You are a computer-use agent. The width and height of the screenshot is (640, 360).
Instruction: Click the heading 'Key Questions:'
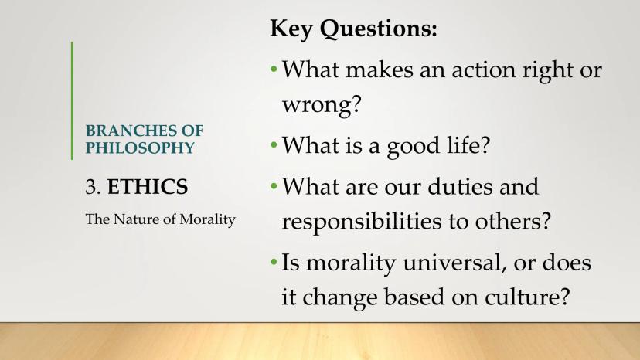pos(353,29)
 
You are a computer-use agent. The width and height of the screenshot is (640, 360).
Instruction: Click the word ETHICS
pos(148,187)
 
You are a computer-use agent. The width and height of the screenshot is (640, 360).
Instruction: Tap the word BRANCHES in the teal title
pos(131,131)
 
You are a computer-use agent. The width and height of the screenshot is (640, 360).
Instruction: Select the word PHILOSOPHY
pos(140,148)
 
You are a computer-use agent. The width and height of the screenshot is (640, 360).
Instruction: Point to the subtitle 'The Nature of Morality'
pos(161,219)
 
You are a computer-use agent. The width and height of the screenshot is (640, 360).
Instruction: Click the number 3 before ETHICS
pos(93,187)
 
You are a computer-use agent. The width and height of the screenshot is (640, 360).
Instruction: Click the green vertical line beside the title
pos(72,100)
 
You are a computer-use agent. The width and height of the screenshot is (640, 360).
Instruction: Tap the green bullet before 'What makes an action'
pos(274,70)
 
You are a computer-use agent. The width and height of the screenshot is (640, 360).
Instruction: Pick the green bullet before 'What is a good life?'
pos(274,145)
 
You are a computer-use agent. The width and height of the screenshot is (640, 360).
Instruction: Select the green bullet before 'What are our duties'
pos(274,186)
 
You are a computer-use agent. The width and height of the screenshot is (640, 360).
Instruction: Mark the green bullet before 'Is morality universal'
pos(274,262)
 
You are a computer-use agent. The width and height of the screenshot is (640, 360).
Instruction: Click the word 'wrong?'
pos(322,105)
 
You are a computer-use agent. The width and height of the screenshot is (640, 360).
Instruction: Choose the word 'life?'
pos(468,145)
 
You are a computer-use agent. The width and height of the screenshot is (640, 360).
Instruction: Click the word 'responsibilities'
pos(362,222)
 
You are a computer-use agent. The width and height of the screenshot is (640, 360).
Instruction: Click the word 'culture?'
pos(527,297)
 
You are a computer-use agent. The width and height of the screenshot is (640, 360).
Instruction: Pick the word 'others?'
pos(513,221)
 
